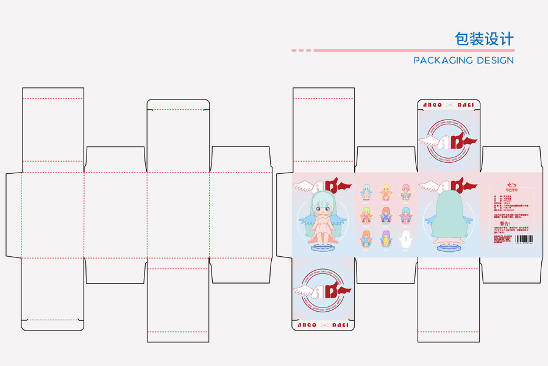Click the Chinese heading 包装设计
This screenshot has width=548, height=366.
point(484,38)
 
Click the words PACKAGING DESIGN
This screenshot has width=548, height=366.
point(463,60)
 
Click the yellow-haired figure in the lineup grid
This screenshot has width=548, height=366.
point(386,192)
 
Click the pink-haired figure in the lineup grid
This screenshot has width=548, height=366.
point(405,192)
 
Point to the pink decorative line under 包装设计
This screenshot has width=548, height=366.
point(403,50)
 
